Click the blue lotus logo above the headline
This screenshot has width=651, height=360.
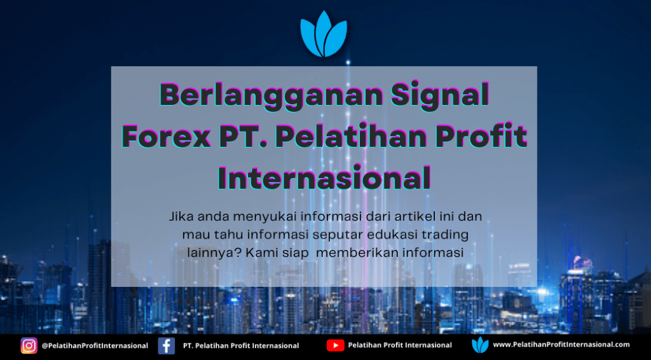tap(324, 34)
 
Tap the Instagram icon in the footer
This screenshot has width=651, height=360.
tap(29, 345)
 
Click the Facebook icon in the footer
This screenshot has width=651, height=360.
tap(167, 345)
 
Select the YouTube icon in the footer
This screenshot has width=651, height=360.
tap(336, 345)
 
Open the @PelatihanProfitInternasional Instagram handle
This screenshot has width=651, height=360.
tap(95, 345)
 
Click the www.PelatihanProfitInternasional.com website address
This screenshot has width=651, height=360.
tap(561, 345)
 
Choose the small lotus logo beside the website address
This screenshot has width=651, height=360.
tap(481, 345)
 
